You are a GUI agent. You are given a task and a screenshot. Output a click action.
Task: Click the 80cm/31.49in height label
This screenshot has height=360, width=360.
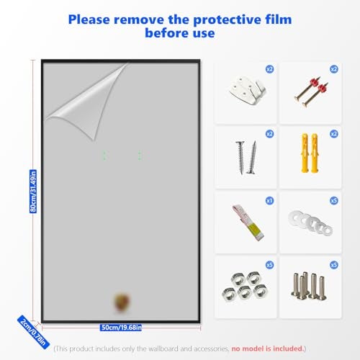click(x=33, y=191)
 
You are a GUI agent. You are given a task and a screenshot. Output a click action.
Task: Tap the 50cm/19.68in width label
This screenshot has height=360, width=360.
click(x=121, y=328)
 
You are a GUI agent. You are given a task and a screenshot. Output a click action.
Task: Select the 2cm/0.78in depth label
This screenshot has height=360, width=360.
click(x=33, y=332)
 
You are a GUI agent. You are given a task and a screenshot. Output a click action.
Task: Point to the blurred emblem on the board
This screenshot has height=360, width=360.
click(x=122, y=303)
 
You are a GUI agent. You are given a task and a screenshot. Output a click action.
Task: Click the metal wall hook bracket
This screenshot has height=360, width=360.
click(x=247, y=90)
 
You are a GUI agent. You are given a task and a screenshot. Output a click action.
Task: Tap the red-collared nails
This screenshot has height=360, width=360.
click(x=311, y=91)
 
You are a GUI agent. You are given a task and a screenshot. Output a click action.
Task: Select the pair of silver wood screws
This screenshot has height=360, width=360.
click(x=246, y=157)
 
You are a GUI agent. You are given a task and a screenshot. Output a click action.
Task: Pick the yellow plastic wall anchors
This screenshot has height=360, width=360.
click(x=310, y=153)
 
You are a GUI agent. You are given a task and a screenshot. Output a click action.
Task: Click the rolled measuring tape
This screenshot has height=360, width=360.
click(x=248, y=222)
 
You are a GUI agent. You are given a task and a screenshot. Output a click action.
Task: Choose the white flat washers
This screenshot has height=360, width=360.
click(x=310, y=222)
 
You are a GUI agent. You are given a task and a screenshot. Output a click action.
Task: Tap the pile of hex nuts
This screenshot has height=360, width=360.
click(x=245, y=286)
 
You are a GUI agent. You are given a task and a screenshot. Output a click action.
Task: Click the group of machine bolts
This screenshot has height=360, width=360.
click(x=309, y=286)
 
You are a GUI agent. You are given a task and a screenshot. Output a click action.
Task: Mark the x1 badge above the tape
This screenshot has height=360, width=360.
click(x=269, y=200)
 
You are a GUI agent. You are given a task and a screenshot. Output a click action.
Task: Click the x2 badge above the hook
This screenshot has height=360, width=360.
click(x=269, y=69)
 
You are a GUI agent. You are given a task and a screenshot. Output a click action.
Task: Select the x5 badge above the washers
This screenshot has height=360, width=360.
click(x=334, y=200)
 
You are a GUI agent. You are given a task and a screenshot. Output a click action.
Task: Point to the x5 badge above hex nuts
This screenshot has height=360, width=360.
click(x=269, y=265)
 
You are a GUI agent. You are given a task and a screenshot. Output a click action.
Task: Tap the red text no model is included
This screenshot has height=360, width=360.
click(x=267, y=348)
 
